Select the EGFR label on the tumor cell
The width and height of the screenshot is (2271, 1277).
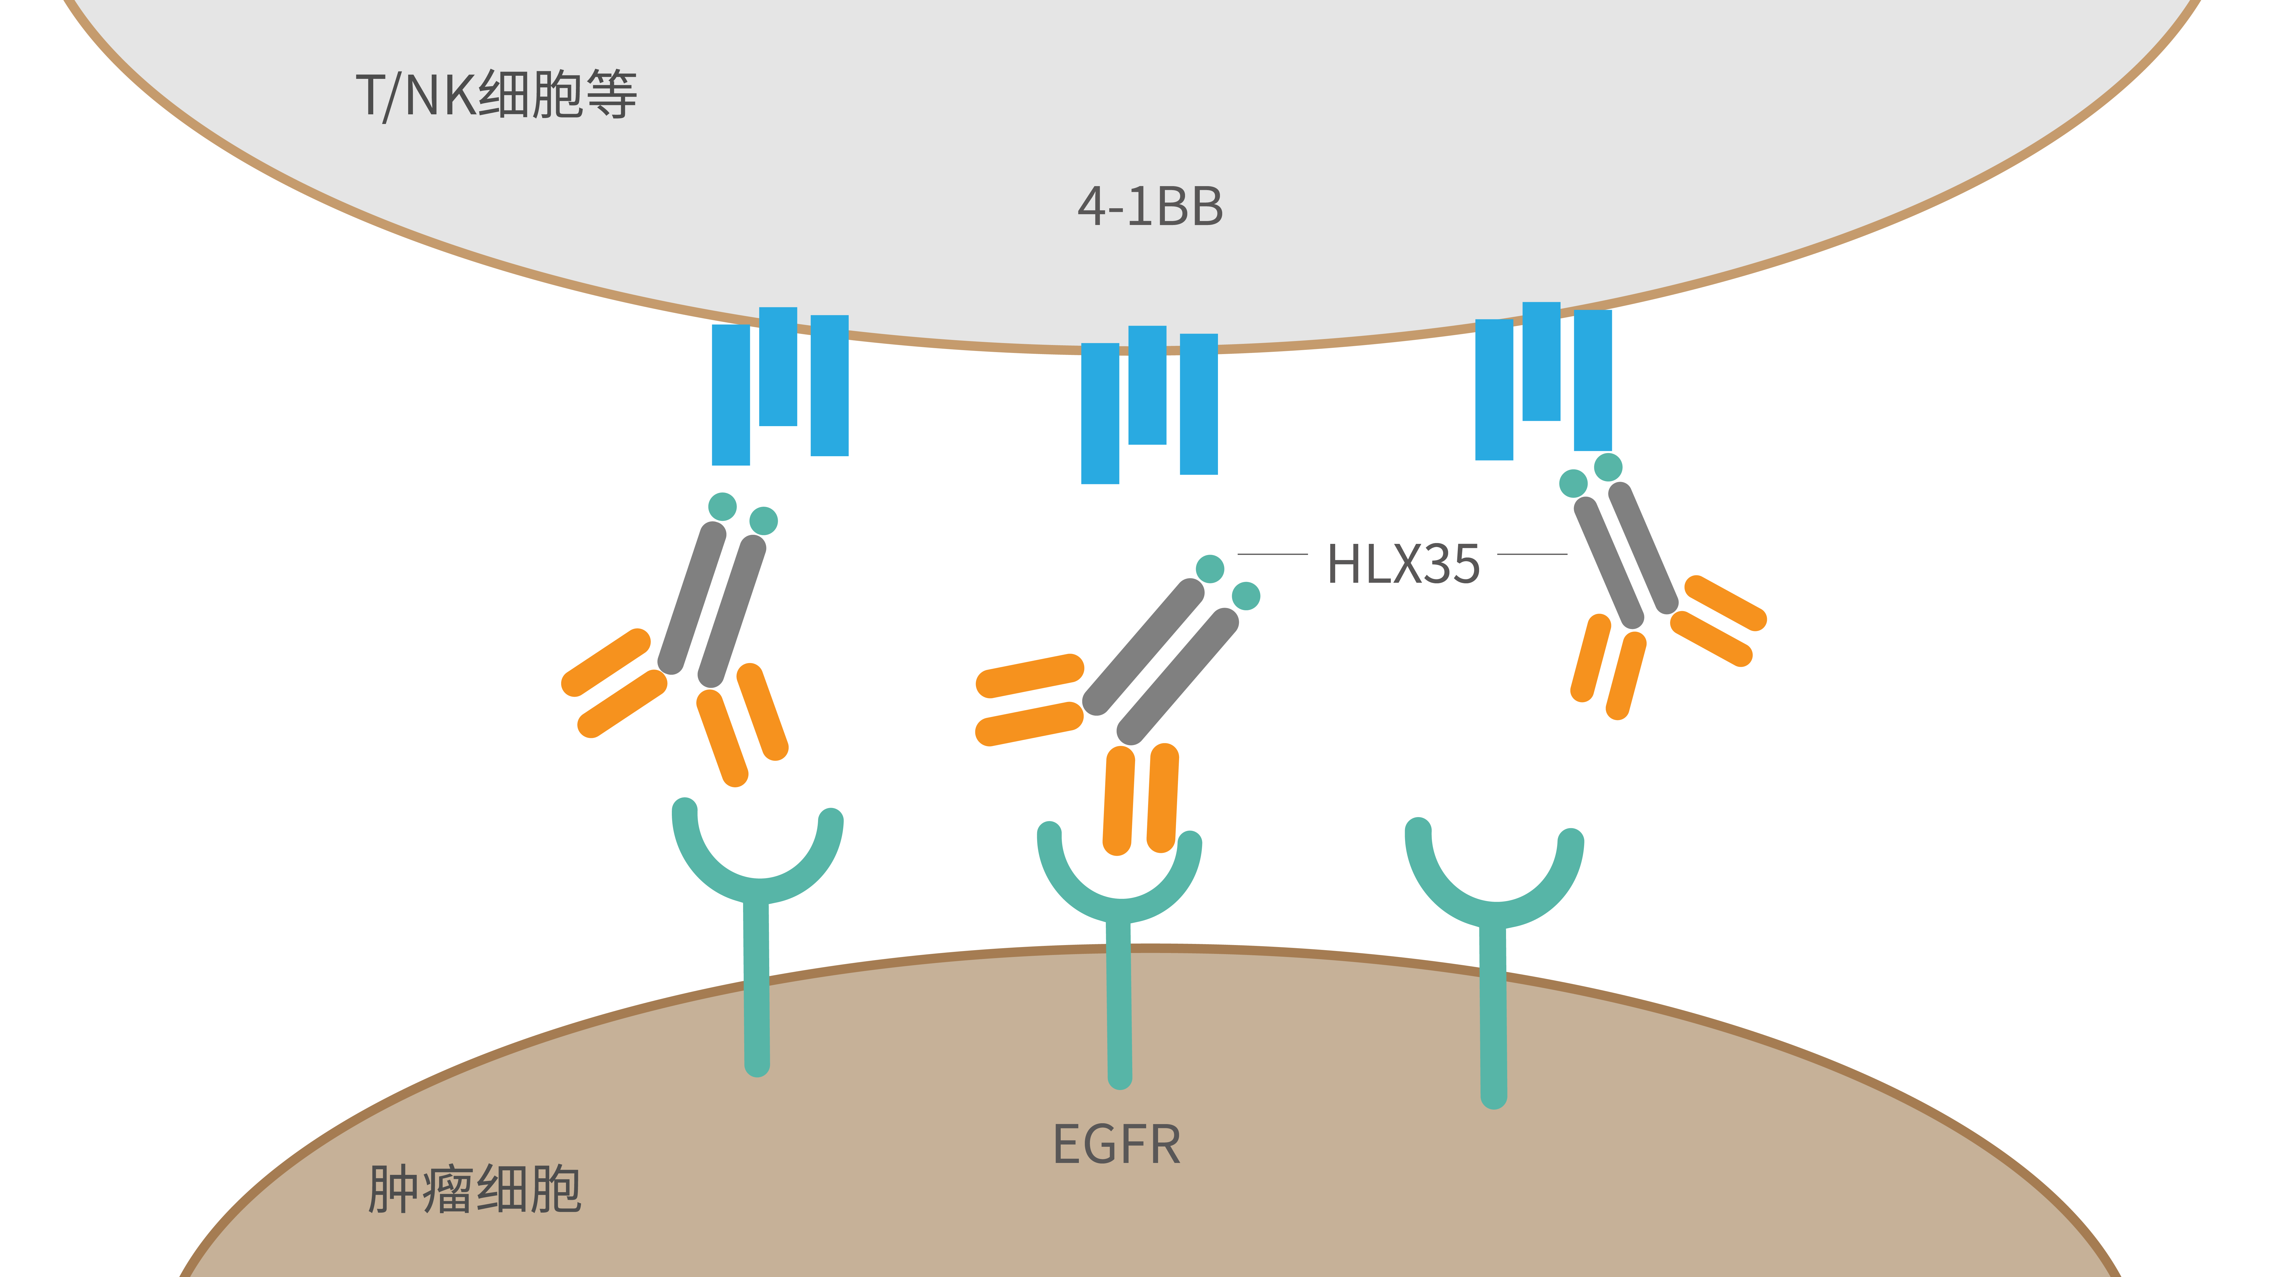click(x=1116, y=1145)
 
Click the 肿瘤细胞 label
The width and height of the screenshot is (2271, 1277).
click(x=474, y=1190)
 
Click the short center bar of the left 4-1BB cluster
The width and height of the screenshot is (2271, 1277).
click(x=777, y=366)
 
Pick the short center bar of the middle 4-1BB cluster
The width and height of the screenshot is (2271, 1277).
click(x=1147, y=385)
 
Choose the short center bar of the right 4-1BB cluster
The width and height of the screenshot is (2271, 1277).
click(x=1541, y=361)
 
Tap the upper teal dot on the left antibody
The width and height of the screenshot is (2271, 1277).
click(x=722, y=507)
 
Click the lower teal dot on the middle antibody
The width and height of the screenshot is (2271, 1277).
click(x=1246, y=596)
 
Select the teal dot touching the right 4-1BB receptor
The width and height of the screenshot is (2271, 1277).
click(x=1608, y=467)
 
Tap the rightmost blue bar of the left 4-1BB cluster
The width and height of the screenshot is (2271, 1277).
click(x=829, y=385)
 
